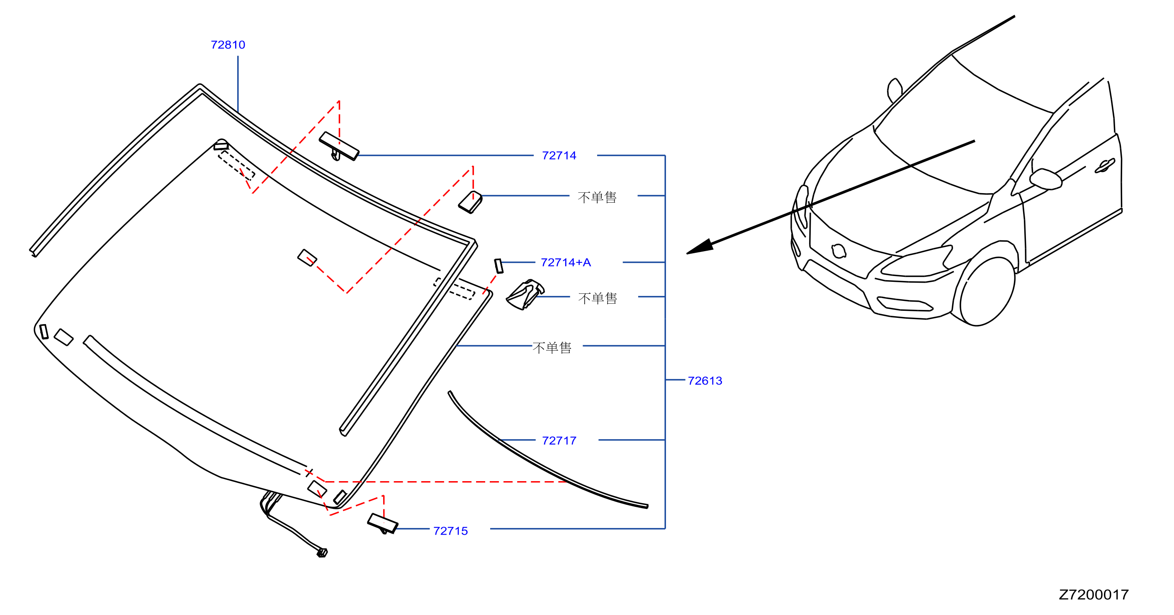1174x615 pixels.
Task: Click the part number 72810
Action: tap(228, 45)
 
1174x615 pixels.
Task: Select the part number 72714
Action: tap(559, 155)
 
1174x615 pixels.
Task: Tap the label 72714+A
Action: tap(566, 262)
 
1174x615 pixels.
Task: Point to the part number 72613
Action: tap(705, 380)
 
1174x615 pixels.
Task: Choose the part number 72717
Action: tap(559, 441)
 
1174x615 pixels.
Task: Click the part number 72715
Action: tap(450, 531)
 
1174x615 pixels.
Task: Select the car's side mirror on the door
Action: tap(1046, 179)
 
